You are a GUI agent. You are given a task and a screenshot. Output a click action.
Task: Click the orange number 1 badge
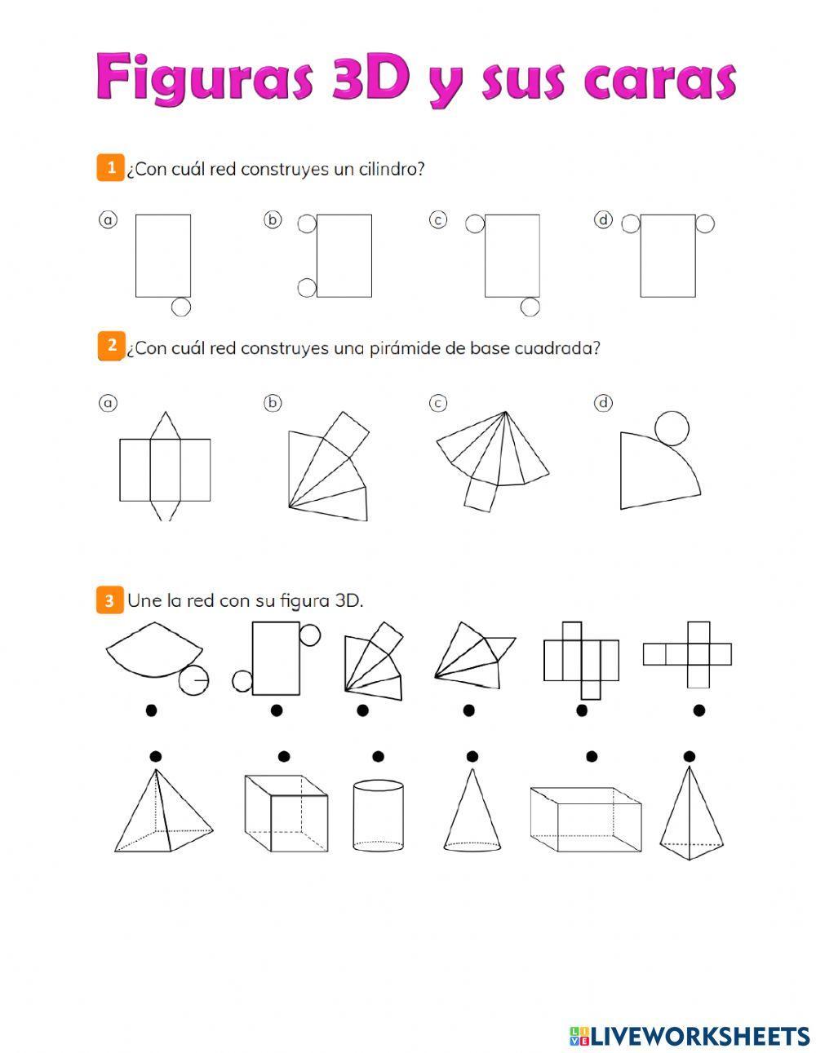[x=110, y=168]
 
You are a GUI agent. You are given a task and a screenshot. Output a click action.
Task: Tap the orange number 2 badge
[x=112, y=346]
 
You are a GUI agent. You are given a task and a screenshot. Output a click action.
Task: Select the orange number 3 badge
[x=109, y=600]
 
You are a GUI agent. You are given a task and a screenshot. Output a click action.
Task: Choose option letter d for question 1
[x=603, y=219]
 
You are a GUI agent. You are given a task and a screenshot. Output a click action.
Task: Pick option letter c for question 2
[x=438, y=403]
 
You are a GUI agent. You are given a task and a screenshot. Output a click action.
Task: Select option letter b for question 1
[x=273, y=219]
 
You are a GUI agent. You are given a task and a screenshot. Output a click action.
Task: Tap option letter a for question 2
[x=108, y=403]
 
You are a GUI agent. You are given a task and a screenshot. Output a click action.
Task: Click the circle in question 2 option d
[x=672, y=428]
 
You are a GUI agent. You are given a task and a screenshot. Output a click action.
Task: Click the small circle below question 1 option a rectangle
[x=180, y=307]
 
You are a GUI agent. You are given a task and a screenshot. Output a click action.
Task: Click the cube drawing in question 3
[x=286, y=813]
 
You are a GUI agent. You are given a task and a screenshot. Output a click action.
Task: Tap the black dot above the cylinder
[x=378, y=756]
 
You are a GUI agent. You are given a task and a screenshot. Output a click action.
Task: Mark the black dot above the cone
[x=472, y=756]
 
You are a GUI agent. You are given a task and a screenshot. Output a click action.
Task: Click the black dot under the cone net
[x=151, y=710]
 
